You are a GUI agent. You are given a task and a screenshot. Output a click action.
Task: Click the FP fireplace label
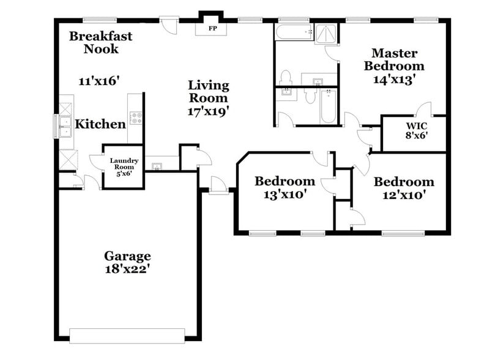pyautogui.click(x=212, y=29)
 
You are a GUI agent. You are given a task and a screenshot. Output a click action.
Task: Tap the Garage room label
pyautogui.click(x=127, y=256)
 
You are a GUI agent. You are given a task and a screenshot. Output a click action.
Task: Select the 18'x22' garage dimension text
pyautogui.click(x=127, y=268)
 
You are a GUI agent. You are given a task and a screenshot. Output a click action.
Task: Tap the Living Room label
pyautogui.click(x=208, y=91)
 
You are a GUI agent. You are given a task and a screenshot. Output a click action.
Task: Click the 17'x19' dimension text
pyautogui.click(x=208, y=111)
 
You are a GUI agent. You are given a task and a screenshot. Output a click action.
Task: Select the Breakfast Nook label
pyautogui.click(x=100, y=42)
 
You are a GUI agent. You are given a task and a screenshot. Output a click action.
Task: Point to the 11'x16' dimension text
pyautogui.click(x=99, y=80)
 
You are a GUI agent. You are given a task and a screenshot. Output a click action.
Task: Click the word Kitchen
pyautogui.click(x=100, y=124)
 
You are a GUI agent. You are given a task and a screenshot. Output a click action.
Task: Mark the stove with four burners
pyautogui.click(x=136, y=118)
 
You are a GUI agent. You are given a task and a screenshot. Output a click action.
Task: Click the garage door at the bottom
pyautogui.click(x=127, y=336)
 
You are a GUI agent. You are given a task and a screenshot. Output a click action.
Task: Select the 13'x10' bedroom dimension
pyautogui.click(x=285, y=195)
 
